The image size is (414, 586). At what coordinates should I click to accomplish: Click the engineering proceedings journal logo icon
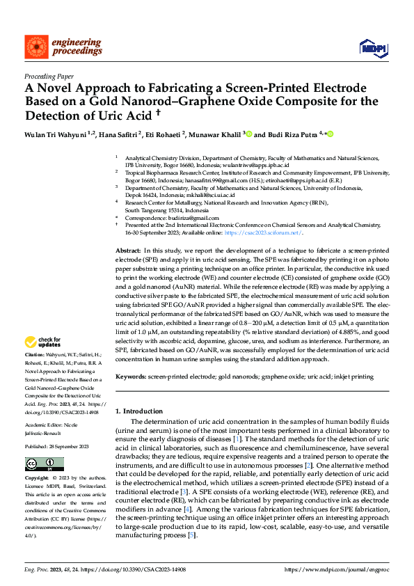click(35, 47)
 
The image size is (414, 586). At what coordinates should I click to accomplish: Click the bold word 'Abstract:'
click(128, 250)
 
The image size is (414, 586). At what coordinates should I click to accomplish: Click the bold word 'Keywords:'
click(131, 377)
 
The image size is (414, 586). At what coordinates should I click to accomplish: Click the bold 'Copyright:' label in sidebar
click(37, 479)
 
